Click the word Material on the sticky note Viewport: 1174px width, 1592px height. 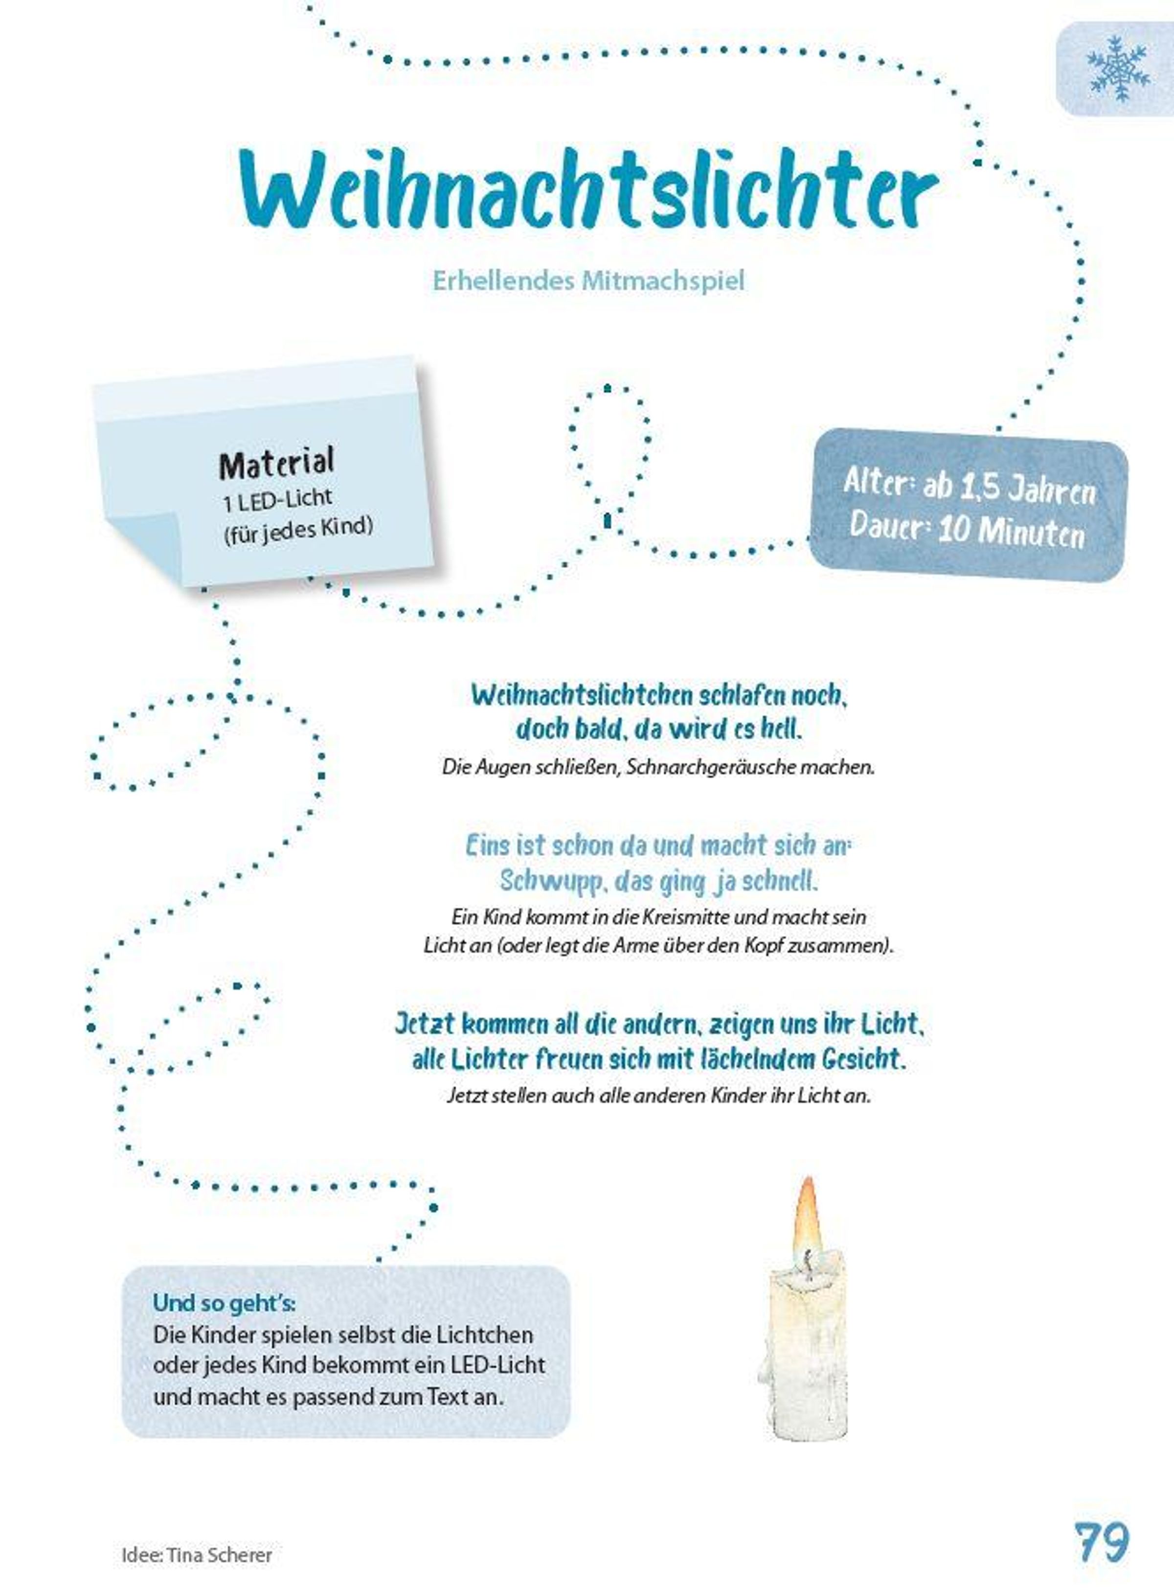tap(276, 464)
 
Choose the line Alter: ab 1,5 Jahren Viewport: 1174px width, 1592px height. tap(970, 489)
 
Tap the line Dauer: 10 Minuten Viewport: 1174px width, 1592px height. tap(967, 530)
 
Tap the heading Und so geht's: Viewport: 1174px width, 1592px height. tap(225, 1303)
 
